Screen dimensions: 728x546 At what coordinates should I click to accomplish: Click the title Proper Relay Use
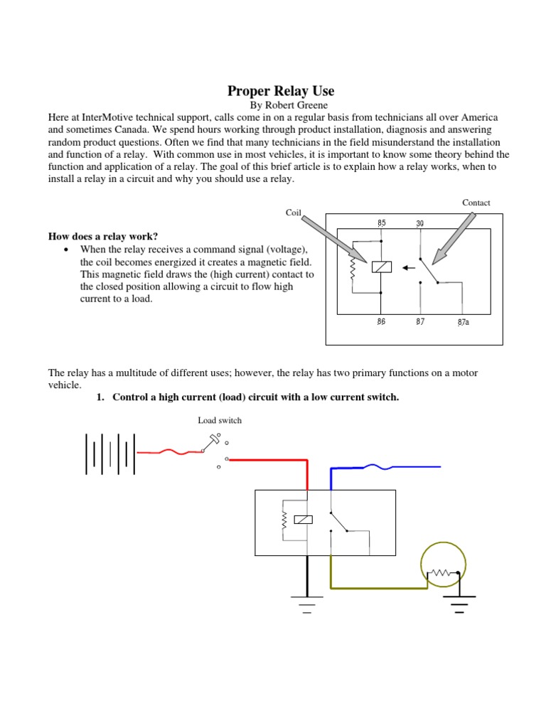[280, 91]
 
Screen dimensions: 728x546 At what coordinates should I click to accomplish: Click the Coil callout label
[294, 212]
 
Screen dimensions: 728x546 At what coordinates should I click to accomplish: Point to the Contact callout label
[476, 203]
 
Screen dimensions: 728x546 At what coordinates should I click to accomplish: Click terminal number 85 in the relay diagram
[382, 223]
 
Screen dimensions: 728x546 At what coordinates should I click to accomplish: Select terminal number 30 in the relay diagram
[419, 223]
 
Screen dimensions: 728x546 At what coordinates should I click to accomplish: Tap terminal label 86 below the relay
[381, 321]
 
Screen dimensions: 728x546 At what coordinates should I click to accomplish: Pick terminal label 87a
[463, 321]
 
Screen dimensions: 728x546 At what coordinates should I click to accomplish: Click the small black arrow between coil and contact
[408, 268]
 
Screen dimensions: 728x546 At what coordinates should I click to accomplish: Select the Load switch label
[219, 420]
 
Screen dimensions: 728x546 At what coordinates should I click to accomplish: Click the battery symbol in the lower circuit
[109, 453]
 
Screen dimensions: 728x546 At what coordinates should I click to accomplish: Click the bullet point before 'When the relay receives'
[65, 250]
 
